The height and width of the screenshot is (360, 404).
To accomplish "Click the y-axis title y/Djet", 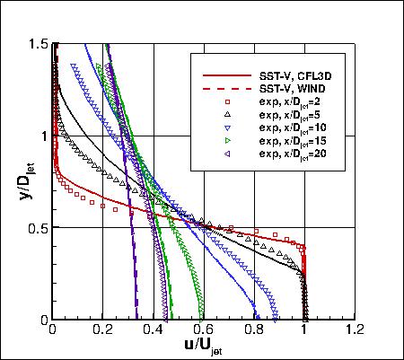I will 18,180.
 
